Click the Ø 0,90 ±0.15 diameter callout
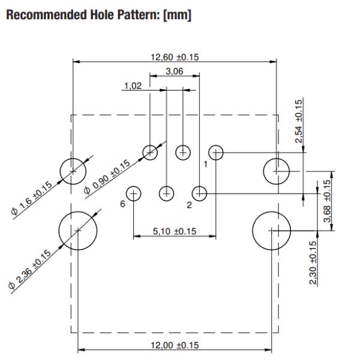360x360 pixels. (107, 178)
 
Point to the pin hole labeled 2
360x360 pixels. (199, 193)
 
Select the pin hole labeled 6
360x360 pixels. (133, 193)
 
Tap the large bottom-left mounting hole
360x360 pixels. (77, 230)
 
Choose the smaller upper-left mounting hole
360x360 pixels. (73, 172)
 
